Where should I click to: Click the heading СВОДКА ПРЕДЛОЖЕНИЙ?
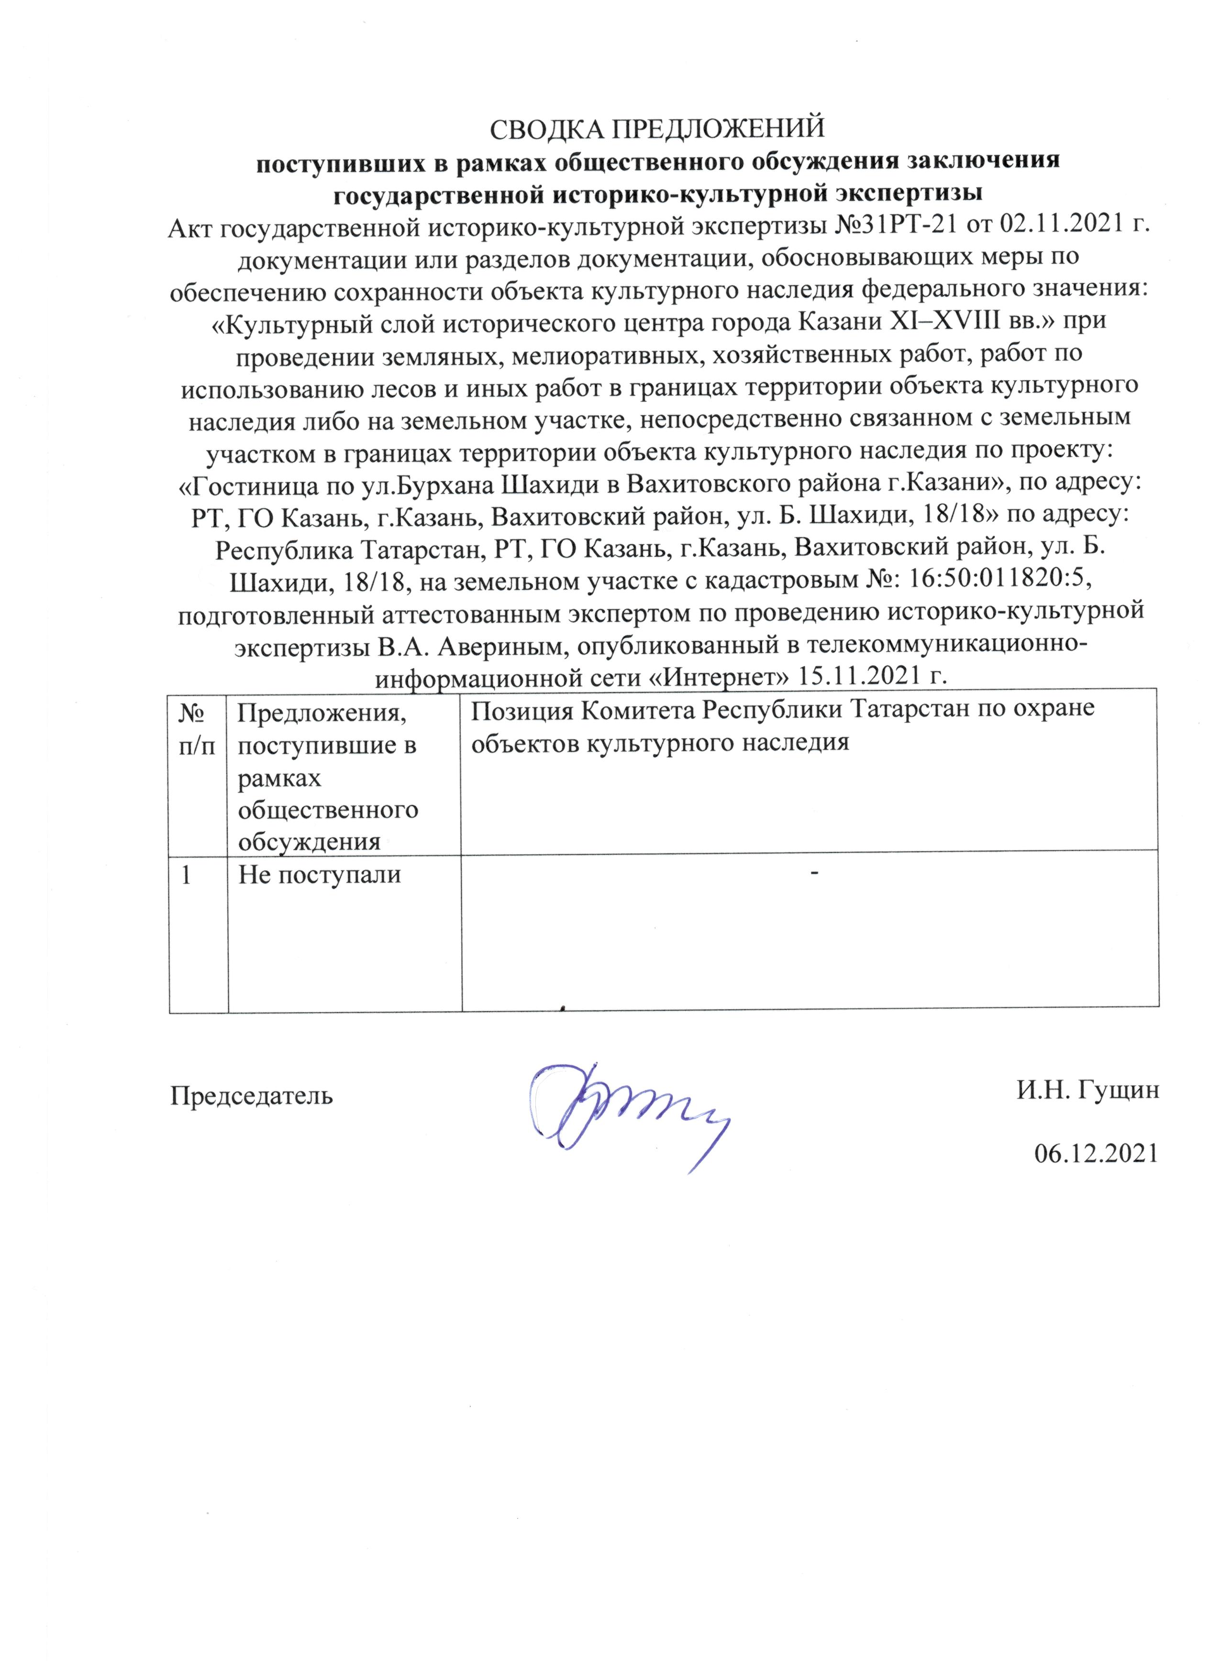(657, 128)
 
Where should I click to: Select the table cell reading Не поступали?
(320, 874)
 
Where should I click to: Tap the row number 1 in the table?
(188, 874)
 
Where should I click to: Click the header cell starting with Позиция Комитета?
(782, 726)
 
